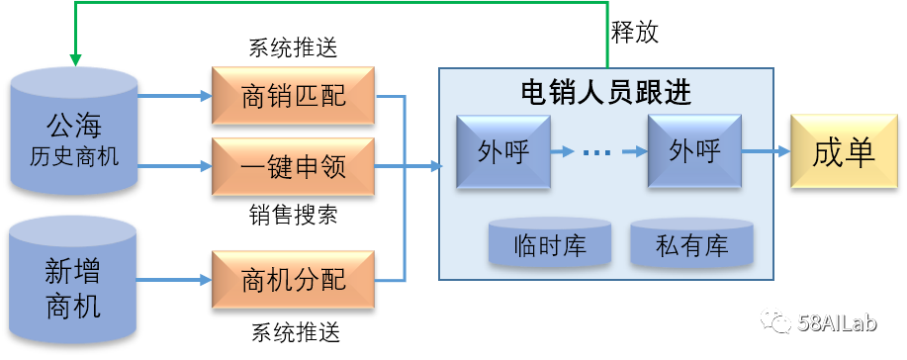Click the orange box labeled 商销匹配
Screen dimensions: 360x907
pos(293,96)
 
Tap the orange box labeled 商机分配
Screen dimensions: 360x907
pos(293,281)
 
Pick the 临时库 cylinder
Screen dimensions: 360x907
pos(551,244)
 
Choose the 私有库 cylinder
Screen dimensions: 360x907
pos(692,244)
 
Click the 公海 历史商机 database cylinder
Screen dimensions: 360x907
pos(74,134)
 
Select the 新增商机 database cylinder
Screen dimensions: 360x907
pos(74,282)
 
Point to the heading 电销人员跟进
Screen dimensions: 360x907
pos(605,92)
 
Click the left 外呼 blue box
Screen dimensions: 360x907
pos(502,151)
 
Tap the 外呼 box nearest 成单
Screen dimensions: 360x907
pos(694,151)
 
